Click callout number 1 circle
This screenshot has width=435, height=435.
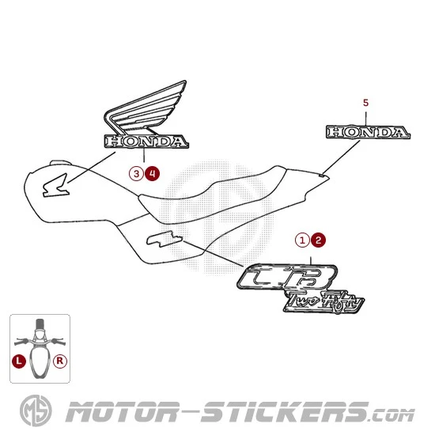[x=302, y=240]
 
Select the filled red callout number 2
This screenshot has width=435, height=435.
[x=318, y=240]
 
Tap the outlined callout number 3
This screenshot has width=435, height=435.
[x=137, y=174]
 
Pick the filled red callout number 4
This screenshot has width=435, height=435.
[x=153, y=174]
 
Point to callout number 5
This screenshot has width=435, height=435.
[x=366, y=103]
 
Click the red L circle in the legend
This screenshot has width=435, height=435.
[x=19, y=361]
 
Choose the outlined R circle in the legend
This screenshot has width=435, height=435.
[x=60, y=361]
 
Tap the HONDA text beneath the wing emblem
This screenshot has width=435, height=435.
[x=146, y=142]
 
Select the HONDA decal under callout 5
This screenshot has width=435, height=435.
[x=368, y=132]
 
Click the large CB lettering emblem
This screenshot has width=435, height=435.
[x=287, y=277]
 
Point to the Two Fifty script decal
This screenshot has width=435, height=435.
[x=323, y=302]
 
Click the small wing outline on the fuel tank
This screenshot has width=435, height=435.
[x=55, y=187]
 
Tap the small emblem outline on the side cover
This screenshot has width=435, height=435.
[x=165, y=239]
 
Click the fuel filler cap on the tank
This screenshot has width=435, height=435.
[x=59, y=163]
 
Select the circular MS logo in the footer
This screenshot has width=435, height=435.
[x=36, y=410]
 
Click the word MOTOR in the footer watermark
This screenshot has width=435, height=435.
[x=122, y=412]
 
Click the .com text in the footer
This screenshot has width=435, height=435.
[x=392, y=415]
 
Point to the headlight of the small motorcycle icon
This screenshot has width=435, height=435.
[x=40, y=335]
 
